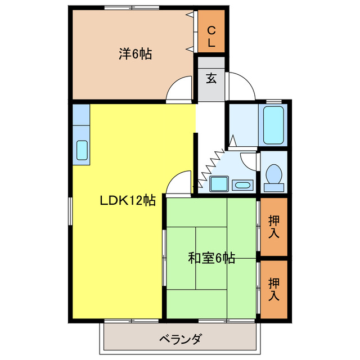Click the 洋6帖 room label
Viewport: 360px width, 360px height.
tap(135, 55)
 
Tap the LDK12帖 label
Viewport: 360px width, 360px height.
tap(128, 200)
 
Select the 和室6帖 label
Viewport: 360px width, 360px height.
tap(211, 258)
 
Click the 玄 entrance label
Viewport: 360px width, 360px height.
tap(211, 78)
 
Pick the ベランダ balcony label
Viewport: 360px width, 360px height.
tap(180, 339)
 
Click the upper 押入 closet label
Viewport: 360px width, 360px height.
tap(274, 226)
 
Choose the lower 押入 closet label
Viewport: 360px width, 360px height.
tap(274, 288)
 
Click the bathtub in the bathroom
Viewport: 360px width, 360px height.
tap(274, 124)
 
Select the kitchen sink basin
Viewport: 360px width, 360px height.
tap(82, 150)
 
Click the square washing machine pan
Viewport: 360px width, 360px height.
tap(217, 184)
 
